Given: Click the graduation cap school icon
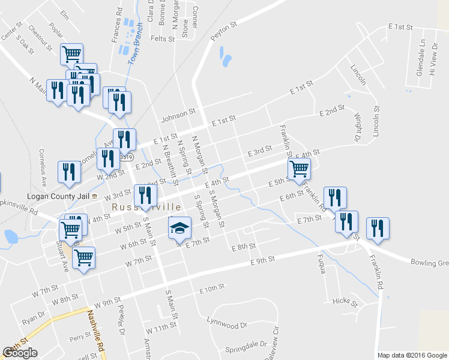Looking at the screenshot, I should pos(179,229).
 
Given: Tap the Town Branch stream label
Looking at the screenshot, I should pos(136,48).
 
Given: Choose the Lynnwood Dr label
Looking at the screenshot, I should pos(226,325).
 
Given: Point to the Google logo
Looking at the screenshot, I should pos(20,353).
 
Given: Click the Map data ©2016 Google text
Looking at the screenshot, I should pos(412,355).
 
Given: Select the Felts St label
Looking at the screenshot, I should pos(162,38).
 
